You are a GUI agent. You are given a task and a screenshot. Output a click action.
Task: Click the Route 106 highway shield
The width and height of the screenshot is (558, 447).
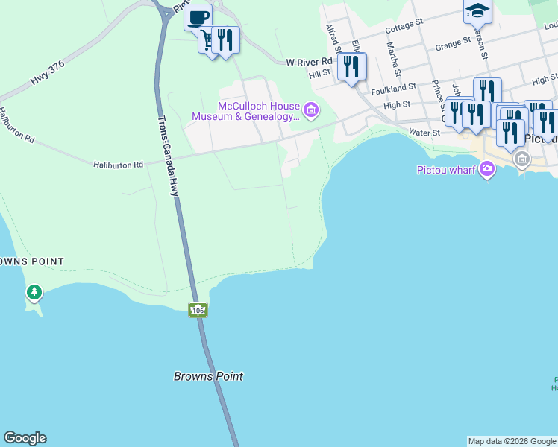[x=197, y=309]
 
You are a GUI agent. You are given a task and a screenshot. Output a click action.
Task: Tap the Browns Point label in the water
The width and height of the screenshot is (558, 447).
[x=208, y=376]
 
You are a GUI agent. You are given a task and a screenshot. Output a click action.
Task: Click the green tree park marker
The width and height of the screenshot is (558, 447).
[x=34, y=292]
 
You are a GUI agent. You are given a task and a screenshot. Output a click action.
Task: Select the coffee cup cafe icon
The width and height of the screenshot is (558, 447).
[x=198, y=17]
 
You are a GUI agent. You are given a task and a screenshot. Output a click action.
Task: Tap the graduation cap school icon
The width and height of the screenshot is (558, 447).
[x=477, y=11]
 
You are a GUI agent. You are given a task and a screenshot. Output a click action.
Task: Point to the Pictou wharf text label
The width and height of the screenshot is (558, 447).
[x=445, y=170]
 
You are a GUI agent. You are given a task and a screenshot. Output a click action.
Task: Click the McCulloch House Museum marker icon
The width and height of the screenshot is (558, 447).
[x=312, y=112]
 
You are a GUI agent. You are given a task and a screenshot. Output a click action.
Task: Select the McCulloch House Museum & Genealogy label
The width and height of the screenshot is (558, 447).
[x=245, y=112]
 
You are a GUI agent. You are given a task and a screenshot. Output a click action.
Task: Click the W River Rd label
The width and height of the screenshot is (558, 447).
[x=309, y=62]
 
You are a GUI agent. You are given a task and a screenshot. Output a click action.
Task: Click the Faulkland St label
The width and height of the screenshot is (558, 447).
[x=393, y=88]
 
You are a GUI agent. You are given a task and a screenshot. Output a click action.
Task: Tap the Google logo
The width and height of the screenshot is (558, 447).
[x=25, y=438]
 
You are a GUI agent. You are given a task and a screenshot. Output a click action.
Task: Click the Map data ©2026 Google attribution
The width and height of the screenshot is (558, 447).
[x=512, y=441]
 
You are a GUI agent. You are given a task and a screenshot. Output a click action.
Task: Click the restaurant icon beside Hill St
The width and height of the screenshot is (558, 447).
[x=351, y=67]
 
